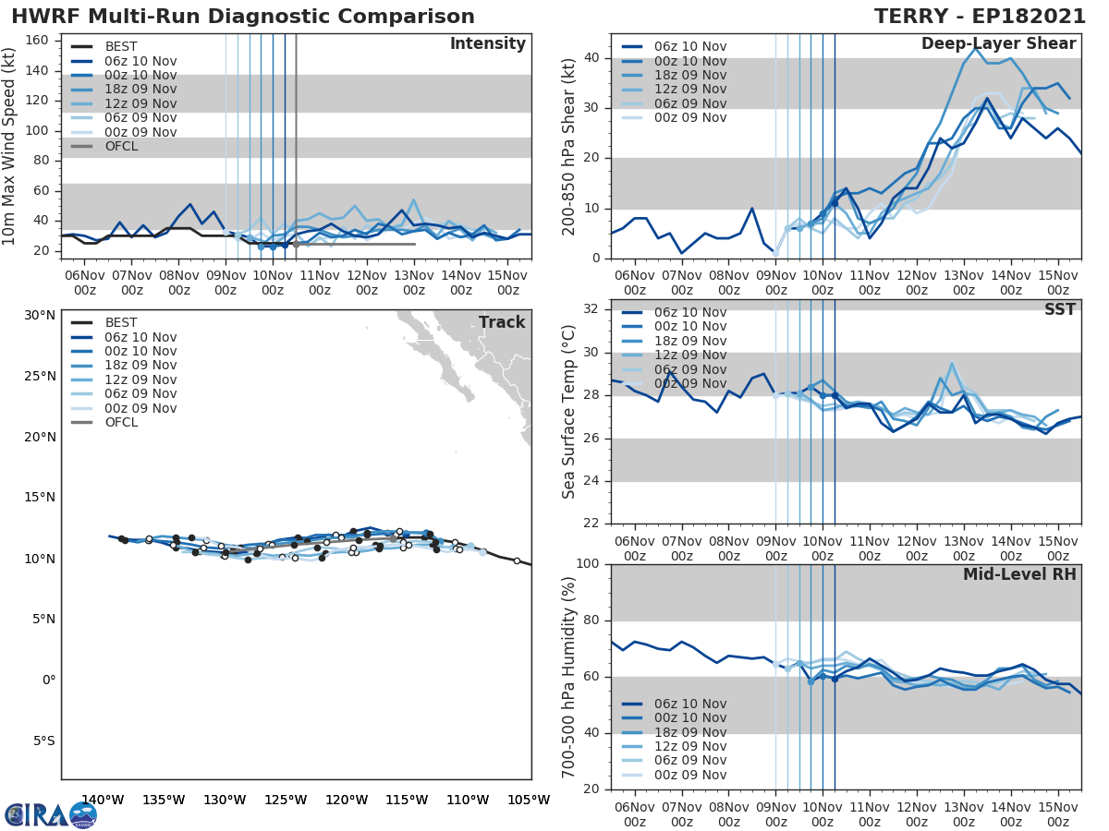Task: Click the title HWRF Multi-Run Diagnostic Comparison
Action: pos(243,17)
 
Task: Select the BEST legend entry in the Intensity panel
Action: pos(120,46)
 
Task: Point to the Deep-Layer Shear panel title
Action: pos(998,44)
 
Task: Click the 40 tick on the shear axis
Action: pos(592,58)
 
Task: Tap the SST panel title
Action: pos(1059,309)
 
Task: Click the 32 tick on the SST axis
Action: pos(592,309)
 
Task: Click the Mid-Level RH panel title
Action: pos(1018,574)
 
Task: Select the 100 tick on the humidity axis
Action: pos(588,564)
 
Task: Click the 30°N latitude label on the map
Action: pos(40,316)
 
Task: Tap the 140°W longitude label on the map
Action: pos(103,801)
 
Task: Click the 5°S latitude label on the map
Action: pos(43,741)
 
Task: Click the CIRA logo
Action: pos(50,814)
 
